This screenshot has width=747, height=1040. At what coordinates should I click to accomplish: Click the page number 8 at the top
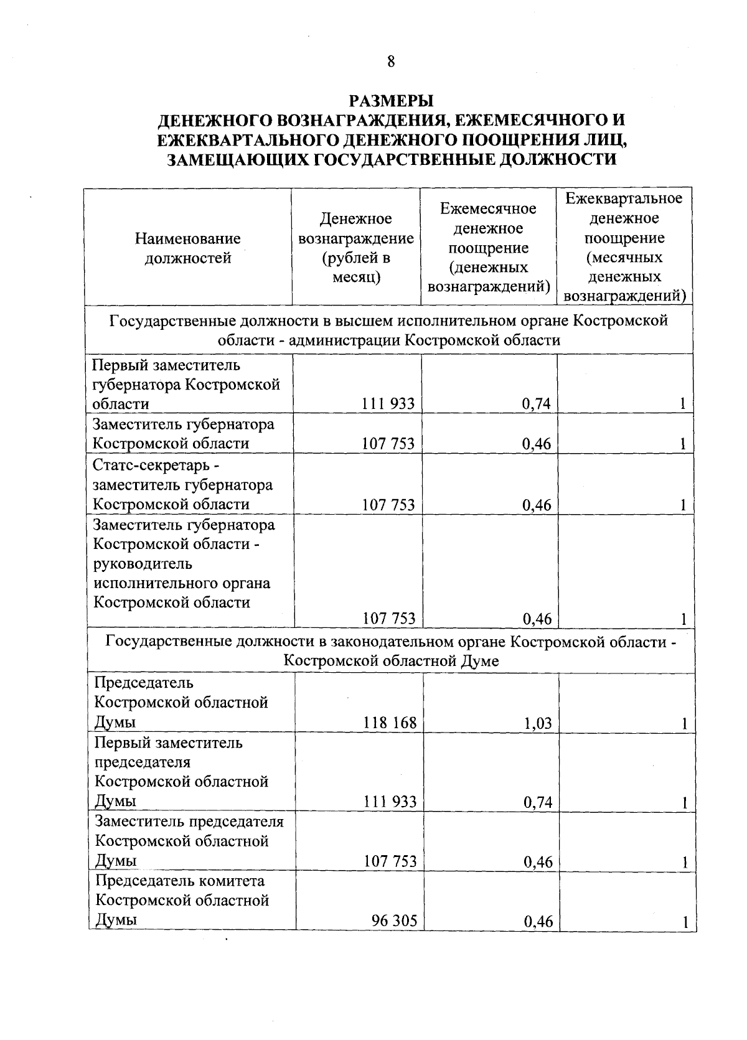coord(391,61)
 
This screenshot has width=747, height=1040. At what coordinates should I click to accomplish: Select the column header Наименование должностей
coord(188,248)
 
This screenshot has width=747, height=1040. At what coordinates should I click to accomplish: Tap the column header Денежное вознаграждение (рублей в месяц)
coord(356,248)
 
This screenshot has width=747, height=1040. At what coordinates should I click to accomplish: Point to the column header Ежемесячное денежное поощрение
coord(489,247)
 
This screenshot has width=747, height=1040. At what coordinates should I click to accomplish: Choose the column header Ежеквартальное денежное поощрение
coord(624,247)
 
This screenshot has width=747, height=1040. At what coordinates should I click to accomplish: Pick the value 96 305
coord(394,921)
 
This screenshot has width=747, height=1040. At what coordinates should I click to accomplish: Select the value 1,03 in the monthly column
coord(537,723)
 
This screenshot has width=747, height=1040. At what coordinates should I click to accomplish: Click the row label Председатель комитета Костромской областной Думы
coord(182,900)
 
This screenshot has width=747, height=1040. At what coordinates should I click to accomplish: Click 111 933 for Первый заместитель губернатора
coord(389,404)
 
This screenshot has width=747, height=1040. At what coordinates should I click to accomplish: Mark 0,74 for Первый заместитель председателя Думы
coord(538,802)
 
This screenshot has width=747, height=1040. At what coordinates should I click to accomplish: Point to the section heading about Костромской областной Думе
coord(391,650)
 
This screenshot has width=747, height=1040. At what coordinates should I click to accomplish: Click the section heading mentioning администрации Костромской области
coord(389,330)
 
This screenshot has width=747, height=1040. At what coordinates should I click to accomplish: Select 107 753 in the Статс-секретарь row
coord(388,505)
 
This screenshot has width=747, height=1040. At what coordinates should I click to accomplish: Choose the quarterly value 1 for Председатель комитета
coord(685,922)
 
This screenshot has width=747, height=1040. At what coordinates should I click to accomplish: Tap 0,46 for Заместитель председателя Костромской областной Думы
coord(538,862)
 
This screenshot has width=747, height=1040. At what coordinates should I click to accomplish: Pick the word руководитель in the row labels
coord(143,563)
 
